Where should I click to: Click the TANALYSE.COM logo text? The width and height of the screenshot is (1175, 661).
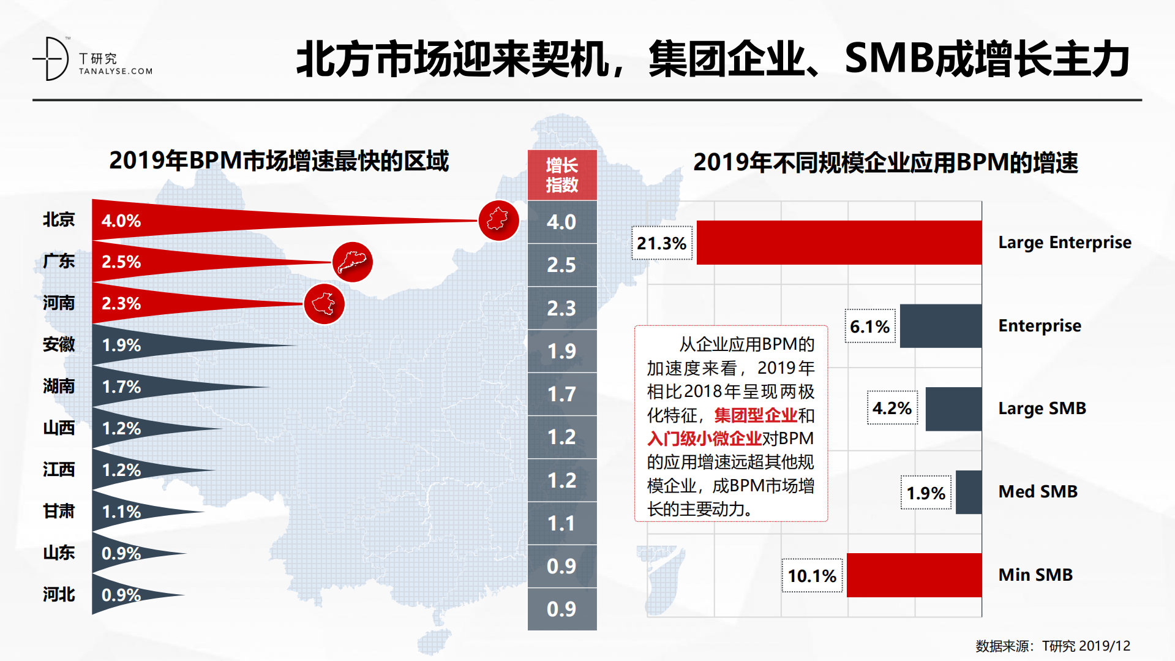point(115,71)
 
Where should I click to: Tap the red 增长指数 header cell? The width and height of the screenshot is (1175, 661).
point(561,175)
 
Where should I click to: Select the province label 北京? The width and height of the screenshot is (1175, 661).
point(59,219)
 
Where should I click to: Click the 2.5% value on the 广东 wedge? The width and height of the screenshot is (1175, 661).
point(121,262)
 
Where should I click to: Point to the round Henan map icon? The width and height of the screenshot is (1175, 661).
point(324,304)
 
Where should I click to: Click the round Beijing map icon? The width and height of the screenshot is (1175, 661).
point(498,221)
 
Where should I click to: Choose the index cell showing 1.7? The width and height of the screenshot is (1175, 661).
point(561,394)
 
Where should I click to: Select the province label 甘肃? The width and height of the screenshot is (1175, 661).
point(59,511)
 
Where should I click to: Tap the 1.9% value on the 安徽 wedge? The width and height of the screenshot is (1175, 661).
point(121,346)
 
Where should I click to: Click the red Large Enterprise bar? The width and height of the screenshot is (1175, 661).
point(839,243)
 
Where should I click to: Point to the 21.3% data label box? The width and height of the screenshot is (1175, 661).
point(661,243)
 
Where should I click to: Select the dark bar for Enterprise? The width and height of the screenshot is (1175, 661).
point(940,326)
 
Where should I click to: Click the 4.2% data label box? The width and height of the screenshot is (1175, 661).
point(892,408)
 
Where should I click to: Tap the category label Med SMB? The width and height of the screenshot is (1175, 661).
point(1038,491)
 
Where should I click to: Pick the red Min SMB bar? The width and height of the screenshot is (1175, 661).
point(914,575)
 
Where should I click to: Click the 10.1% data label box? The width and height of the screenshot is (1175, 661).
point(812,576)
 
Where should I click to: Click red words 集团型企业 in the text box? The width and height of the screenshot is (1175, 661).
point(756,415)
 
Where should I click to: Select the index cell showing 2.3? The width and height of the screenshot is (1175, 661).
point(561,308)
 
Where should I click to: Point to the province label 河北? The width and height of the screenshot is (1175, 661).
point(59,594)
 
